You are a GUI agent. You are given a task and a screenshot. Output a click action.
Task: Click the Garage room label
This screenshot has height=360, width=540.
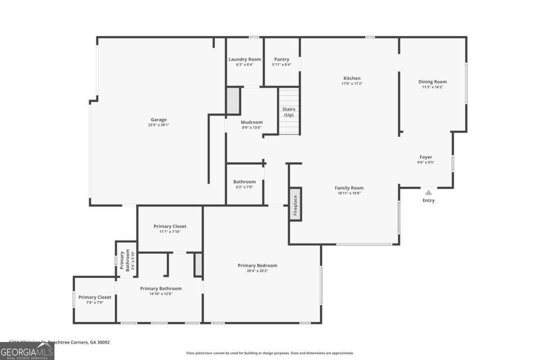[159, 120]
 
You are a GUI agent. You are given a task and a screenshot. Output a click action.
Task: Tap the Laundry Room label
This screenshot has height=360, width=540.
[244, 59]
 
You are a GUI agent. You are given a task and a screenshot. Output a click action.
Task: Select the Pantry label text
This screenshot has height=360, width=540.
[282, 59]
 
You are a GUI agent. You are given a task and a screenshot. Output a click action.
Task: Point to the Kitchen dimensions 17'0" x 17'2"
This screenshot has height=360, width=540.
[352, 84]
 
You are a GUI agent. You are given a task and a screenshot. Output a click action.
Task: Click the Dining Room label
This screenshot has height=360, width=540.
[432, 82]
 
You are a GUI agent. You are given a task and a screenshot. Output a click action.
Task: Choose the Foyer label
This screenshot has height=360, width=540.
[426, 157]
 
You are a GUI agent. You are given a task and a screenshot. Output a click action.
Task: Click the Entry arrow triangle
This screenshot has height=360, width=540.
[428, 193]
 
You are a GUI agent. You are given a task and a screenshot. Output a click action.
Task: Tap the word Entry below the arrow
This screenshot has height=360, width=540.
[428, 200]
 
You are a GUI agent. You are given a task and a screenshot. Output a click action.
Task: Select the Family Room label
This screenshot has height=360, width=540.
[349, 188]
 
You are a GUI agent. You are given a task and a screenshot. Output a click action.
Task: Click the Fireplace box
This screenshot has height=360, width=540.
[296, 204]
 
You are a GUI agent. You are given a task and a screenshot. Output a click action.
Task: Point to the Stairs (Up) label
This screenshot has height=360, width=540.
[288, 112]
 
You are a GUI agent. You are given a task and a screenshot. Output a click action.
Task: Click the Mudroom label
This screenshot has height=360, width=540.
[252, 122]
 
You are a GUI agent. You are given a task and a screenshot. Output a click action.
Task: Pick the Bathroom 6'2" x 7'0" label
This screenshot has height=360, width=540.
[244, 182]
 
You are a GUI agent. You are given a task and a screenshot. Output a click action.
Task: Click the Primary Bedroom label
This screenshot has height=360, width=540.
[257, 265]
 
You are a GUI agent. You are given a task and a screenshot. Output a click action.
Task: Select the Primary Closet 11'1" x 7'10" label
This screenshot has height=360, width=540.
[170, 226]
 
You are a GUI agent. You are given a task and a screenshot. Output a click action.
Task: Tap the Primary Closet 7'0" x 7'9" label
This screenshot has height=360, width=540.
[94, 297]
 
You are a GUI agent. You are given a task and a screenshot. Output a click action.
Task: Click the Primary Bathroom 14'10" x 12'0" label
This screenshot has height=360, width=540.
[161, 288]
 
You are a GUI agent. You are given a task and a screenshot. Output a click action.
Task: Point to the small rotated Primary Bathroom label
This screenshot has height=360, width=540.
[127, 261]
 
